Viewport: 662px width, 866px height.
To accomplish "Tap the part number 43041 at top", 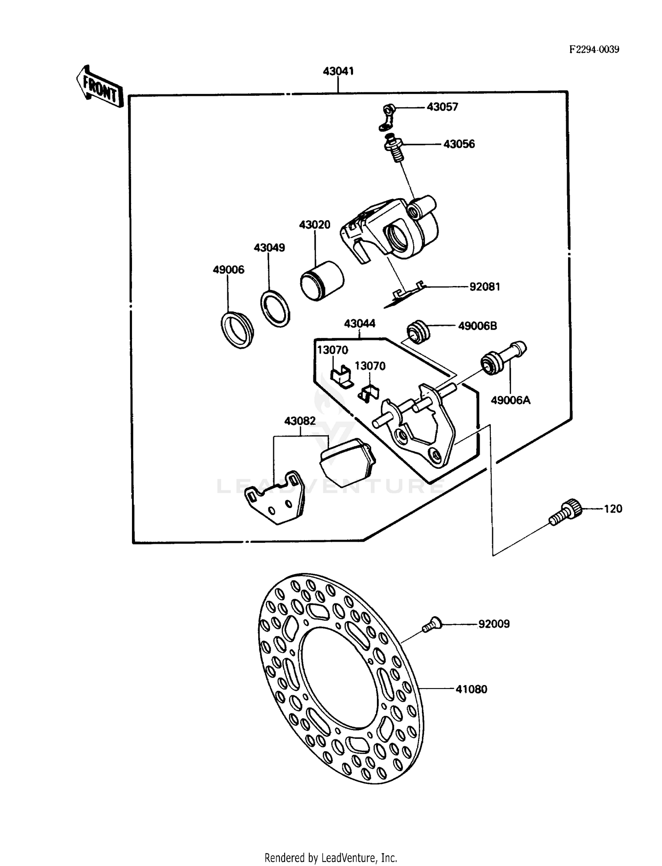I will [x=338, y=71].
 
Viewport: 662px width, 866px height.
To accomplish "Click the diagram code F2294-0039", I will [x=594, y=49].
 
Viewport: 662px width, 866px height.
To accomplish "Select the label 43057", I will [x=442, y=107].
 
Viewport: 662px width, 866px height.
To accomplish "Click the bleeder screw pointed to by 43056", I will [x=394, y=148].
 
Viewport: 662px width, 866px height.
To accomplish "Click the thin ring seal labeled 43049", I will [x=275, y=308].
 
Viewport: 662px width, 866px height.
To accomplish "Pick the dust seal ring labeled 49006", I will [x=237, y=330].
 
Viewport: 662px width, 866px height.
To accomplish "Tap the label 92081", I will [x=485, y=287].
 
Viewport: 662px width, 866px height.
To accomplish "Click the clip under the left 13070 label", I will [x=342, y=377].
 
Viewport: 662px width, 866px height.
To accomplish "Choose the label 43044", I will [x=359, y=324].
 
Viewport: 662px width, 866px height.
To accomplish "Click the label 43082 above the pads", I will [x=300, y=421].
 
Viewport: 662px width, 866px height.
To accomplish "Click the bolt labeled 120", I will [x=565, y=513].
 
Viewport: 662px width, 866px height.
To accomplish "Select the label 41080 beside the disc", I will [x=471, y=689].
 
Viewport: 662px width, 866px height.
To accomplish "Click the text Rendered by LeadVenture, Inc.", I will [x=331, y=858].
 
